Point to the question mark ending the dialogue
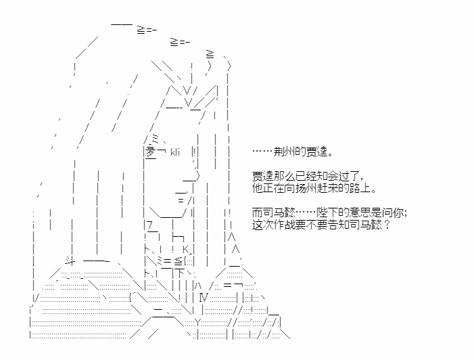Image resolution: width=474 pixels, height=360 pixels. [x=387, y=225]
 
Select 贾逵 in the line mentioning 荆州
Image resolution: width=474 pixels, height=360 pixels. [x=317, y=152]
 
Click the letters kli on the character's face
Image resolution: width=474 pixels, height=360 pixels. [x=174, y=152]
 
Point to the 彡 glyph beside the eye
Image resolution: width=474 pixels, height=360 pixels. [x=151, y=152]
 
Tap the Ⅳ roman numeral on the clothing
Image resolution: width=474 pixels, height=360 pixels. [x=204, y=298]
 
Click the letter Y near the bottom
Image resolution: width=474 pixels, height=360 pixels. [x=197, y=323]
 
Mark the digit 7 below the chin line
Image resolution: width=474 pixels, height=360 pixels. [x=150, y=225]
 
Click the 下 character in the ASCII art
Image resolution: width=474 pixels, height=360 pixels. [x=179, y=273]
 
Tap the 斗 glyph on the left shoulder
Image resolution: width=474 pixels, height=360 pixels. [x=70, y=261]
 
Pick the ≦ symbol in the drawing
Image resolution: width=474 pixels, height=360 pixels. [x=179, y=261]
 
